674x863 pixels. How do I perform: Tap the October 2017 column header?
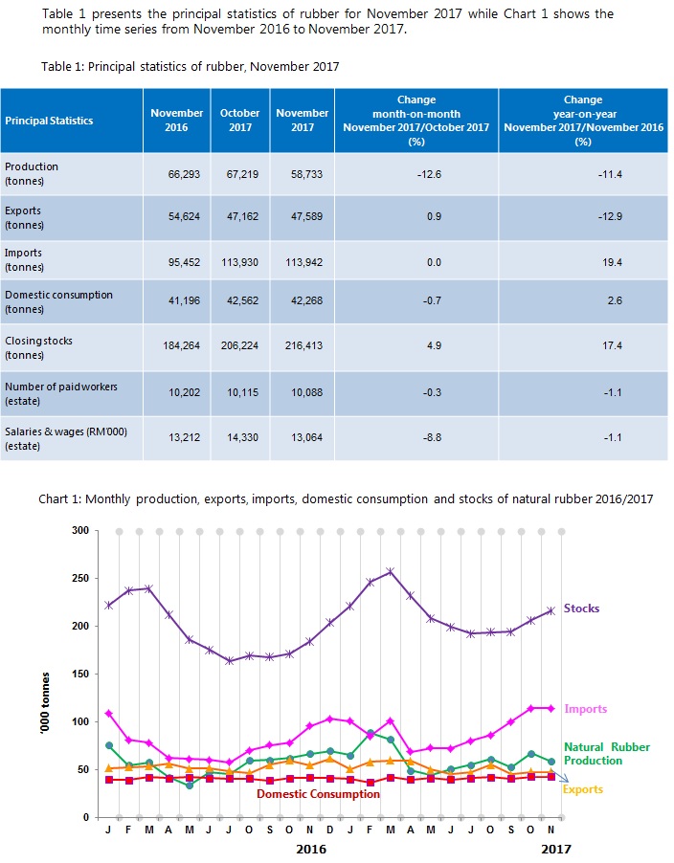coord(239,120)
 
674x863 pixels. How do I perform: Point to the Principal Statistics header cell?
coord(49,121)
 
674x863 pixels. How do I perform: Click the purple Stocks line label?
coord(582,609)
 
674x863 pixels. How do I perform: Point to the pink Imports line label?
coord(585,709)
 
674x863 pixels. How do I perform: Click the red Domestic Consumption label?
coord(318,794)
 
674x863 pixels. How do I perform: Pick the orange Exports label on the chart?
coord(582,790)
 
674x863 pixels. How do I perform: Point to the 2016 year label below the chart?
coord(312,848)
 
